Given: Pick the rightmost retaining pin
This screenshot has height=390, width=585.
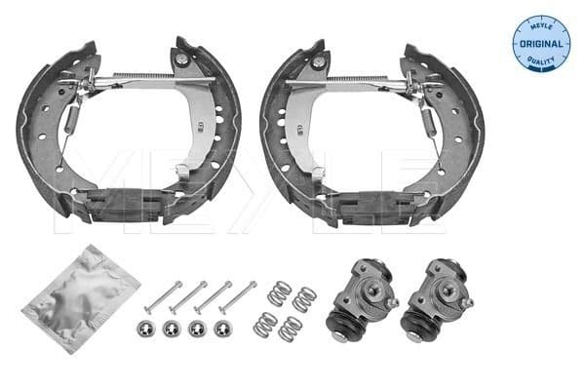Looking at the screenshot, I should (237, 293).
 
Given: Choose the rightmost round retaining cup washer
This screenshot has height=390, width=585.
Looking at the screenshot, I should (223, 328).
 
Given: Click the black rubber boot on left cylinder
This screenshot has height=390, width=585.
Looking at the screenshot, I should (343, 322).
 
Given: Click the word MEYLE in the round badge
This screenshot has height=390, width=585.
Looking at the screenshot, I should (539, 26).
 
